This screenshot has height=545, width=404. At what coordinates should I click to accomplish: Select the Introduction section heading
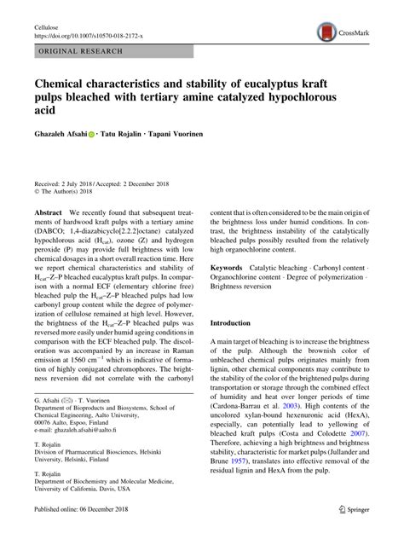[x=242, y=324]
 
